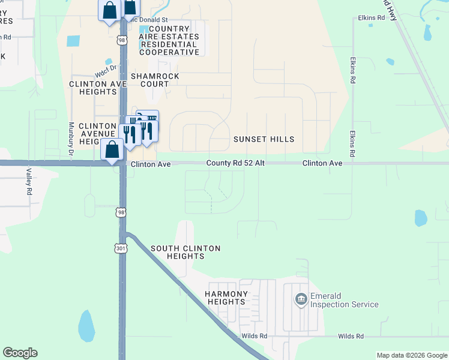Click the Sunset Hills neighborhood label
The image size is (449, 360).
click(x=264, y=139)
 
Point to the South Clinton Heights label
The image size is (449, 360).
click(x=185, y=252)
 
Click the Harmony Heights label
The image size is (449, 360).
click(x=226, y=298)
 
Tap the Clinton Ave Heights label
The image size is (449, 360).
click(x=98, y=88)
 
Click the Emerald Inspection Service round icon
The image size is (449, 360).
click(x=301, y=298)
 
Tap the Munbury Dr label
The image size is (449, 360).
click(x=71, y=140)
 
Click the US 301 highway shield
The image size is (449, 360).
click(x=121, y=247)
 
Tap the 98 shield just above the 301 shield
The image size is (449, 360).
click(x=121, y=212)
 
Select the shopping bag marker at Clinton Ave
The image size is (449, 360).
click(x=112, y=149)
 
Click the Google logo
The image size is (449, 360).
click(x=20, y=353)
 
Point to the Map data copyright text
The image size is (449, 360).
click(x=411, y=355)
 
